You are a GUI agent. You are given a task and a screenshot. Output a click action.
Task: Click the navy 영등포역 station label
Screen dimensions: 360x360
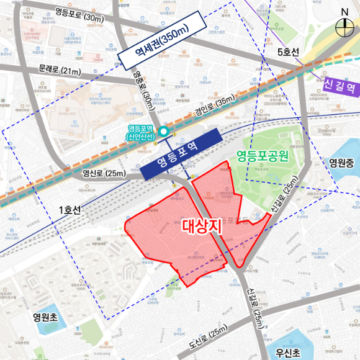click(x=181, y=155)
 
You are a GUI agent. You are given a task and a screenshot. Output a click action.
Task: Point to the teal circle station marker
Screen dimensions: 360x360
click(x=163, y=131)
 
